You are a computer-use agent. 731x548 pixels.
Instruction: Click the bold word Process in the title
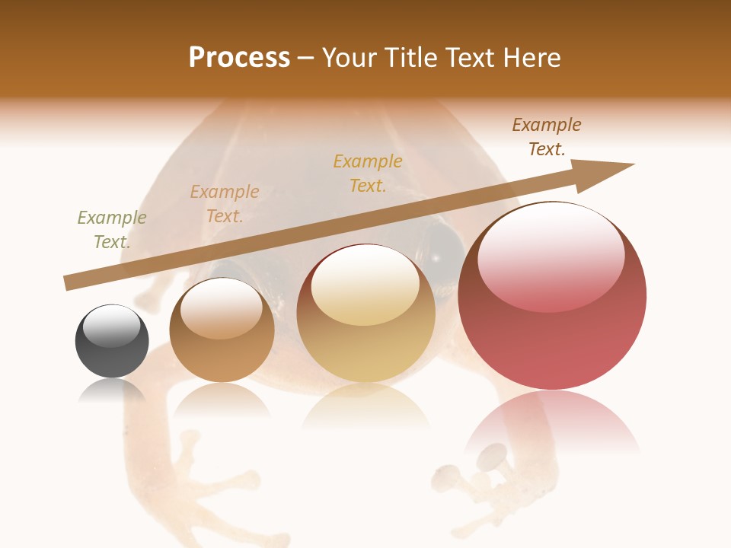point(239,57)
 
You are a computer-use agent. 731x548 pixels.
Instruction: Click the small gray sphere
point(112,341)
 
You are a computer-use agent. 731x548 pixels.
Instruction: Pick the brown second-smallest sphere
point(222,330)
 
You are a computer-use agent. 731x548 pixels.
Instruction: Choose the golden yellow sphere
point(366,313)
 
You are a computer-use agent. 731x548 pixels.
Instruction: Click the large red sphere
point(552,296)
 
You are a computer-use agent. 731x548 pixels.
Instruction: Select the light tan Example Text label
point(225,204)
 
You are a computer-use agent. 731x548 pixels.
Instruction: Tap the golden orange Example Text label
point(368,174)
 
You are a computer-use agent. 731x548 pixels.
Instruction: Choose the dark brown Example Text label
point(547,137)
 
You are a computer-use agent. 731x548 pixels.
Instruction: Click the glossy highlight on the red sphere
point(551,255)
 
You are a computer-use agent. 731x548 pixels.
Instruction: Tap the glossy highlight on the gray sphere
point(112,326)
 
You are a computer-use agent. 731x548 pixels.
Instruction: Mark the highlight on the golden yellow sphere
point(365,285)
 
